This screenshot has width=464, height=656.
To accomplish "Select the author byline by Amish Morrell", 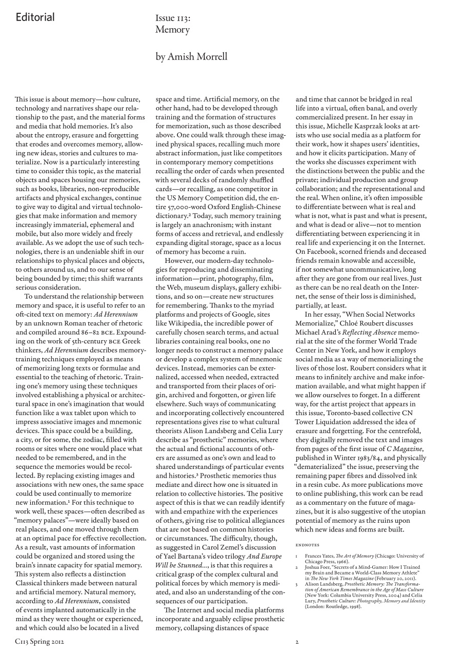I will [191, 56].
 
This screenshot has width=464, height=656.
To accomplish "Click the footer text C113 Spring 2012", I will [39, 641].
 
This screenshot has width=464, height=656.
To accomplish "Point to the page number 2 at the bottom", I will [297, 641].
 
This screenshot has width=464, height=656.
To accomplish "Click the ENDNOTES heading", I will [308, 545].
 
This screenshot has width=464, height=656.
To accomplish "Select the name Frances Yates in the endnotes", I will [318, 556].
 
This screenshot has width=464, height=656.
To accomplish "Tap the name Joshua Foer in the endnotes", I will [316, 567].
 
